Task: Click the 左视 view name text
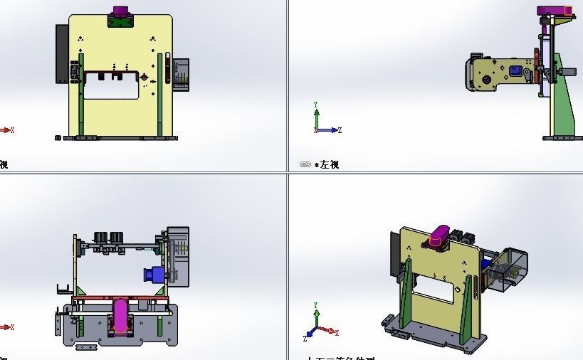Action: (x=330, y=164)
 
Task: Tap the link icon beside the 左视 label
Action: (x=305, y=164)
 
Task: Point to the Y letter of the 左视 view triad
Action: (x=316, y=105)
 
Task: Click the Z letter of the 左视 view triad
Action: (x=340, y=130)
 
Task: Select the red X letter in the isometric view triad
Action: (x=337, y=332)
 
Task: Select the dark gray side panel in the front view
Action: (x=62, y=53)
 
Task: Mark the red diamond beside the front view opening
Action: (x=145, y=77)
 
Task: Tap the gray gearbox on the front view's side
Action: (x=182, y=75)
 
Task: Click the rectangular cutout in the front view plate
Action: (x=110, y=89)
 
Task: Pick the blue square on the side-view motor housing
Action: (x=513, y=70)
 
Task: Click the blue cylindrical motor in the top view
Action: (x=153, y=275)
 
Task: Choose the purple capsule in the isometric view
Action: (x=440, y=235)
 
